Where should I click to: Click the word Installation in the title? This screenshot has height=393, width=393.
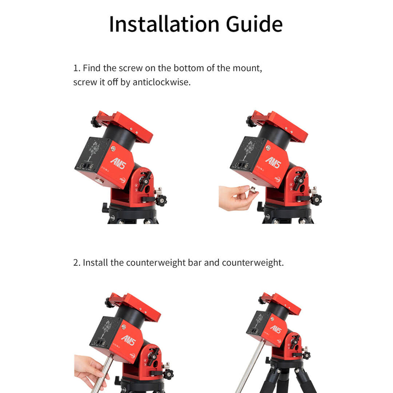coord(164,24)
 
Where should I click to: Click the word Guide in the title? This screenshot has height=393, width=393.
coord(254,24)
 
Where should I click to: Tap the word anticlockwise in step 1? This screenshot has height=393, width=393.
coord(162,82)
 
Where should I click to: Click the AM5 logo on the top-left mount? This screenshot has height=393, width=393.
coord(118,163)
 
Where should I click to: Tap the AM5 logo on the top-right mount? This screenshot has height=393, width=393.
coord(273,162)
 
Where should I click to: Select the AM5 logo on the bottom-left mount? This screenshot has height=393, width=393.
coord(129,340)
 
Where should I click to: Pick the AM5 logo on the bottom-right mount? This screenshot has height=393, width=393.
coord(276,329)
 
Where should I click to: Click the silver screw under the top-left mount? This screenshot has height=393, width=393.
coord(99,180)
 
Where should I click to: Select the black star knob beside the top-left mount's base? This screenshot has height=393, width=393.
coord(161,200)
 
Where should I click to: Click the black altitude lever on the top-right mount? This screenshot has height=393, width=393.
coord(299,180)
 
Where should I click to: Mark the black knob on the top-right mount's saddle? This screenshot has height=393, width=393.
coord(251,121)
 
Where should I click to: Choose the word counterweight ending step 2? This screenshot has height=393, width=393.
coord(253,263)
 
